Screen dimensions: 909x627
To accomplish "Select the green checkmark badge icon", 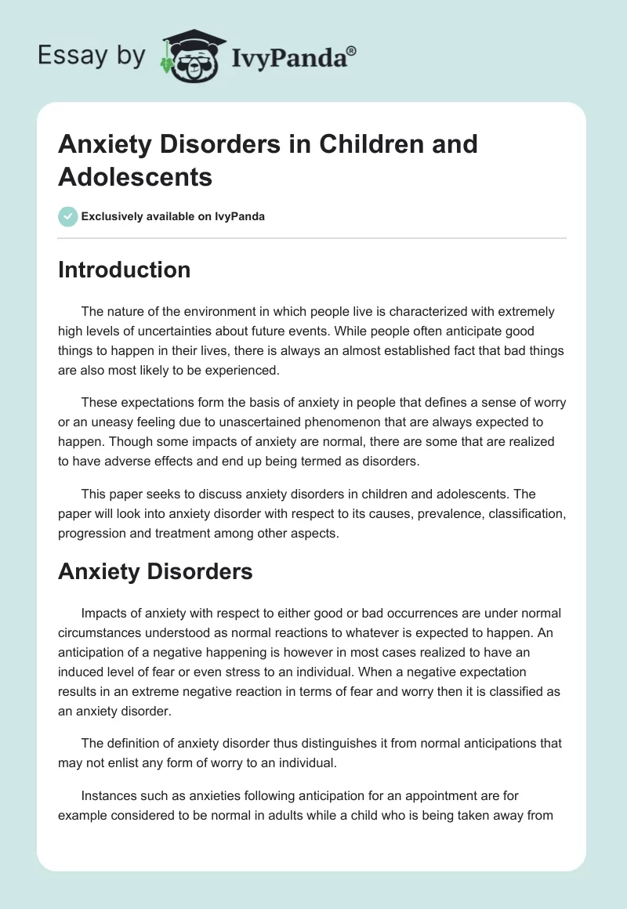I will click(68, 216).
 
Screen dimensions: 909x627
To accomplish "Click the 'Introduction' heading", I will click(124, 270).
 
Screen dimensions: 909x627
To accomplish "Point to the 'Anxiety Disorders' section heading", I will click(155, 571).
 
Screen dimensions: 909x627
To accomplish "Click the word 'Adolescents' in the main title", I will click(135, 176).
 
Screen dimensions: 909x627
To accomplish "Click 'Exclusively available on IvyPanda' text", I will click(173, 216).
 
